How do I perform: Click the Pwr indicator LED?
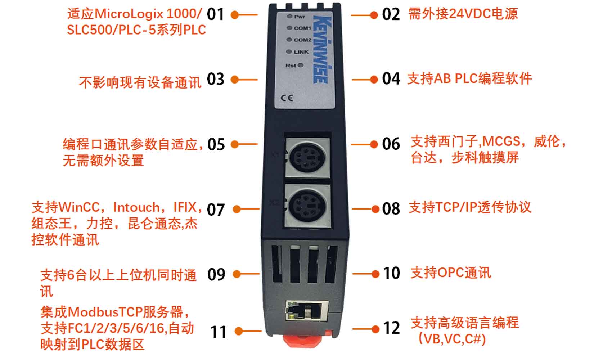point(289,17)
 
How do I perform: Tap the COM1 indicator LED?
point(289,28)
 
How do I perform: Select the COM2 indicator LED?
point(289,40)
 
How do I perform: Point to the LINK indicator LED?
point(289,51)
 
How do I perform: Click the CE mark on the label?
point(287,98)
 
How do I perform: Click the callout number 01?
point(215,14)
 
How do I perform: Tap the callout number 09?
point(216,274)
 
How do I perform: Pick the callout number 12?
point(392,328)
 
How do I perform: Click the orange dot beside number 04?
point(374,80)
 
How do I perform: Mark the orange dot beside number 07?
point(237,209)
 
